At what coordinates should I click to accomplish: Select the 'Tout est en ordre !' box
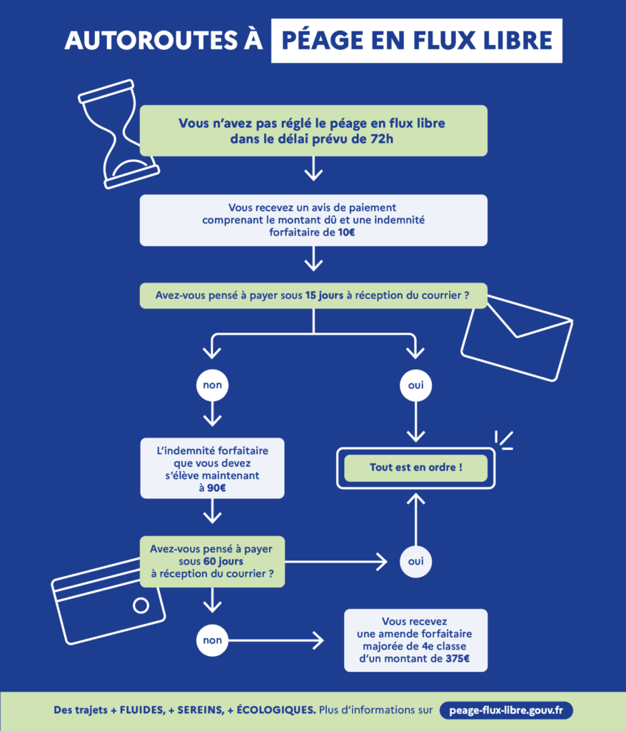pyautogui.click(x=415, y=468)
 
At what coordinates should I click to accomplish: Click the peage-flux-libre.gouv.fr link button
pyautogui.click(x=506, y=710)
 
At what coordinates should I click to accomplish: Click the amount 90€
pyautogui.click(x=216, y=488)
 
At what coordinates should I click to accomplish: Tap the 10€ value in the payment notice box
pyautogui.click(x=346, y=232)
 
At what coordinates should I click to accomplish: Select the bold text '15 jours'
pyautogui.click(x=324, y=296)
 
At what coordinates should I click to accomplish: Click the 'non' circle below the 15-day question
pyautogui.click(x=213, y=385)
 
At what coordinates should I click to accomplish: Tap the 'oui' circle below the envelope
pyautogui.click(x=415, y=385)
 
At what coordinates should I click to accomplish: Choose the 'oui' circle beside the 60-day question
pyautogui.click(x=415, y=561)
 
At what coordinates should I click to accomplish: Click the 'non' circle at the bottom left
pyautogui.click(x=213, y=640)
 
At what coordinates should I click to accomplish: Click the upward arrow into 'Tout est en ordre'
pyautogui.click(x=415, y=520)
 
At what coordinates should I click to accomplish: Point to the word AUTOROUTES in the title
pyautogui.click(x=151, y=41)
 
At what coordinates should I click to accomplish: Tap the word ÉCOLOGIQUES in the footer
pyautogui.click(x=276, y=710)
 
